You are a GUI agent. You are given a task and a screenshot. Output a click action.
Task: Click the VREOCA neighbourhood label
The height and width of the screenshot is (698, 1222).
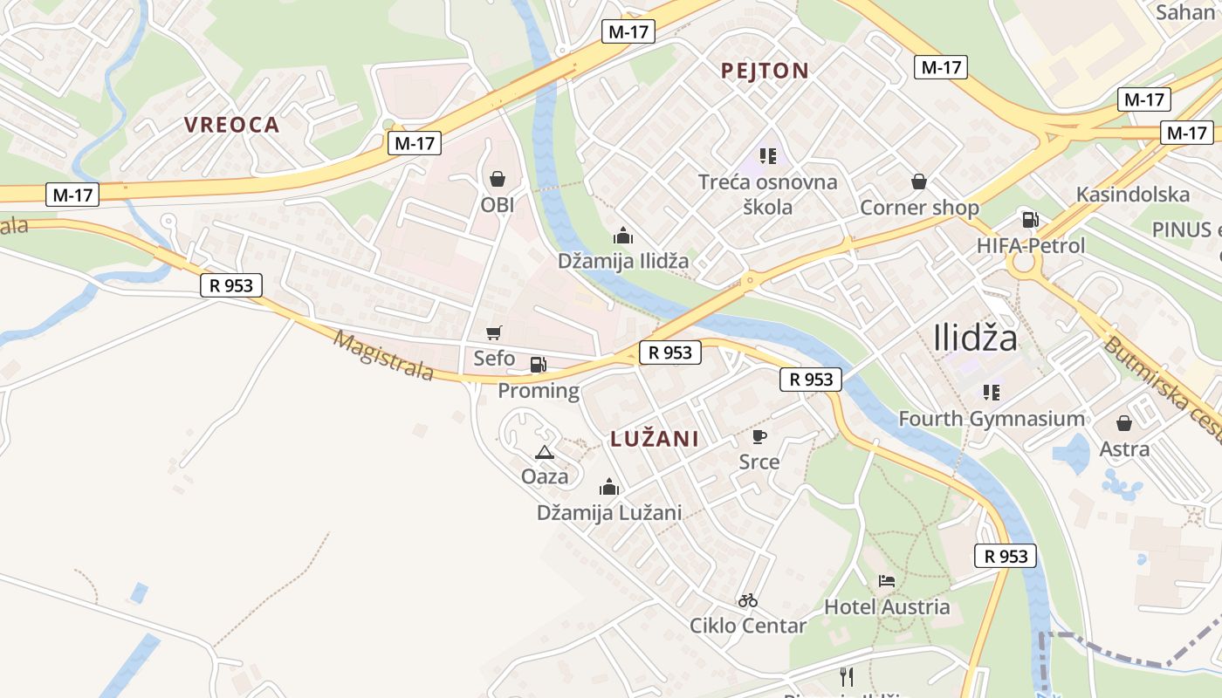tap(231, 125)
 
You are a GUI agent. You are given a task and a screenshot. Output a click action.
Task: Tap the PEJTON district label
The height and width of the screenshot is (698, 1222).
tap(765, 71)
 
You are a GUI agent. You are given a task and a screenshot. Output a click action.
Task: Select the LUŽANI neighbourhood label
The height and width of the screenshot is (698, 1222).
tap(655, 439)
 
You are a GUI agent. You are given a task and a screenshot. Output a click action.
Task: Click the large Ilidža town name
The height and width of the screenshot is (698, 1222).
tap(975, 338)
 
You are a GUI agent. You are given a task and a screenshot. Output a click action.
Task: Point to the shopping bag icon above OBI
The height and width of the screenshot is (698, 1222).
tap(498, 179)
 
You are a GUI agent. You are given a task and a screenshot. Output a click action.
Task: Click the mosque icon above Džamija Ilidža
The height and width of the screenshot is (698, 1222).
tap(623, 236)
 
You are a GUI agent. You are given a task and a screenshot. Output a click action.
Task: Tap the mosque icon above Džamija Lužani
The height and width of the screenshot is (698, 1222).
tap(609, 487)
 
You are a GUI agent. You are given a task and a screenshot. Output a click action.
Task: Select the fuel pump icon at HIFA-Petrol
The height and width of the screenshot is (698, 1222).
tap(1030, 220)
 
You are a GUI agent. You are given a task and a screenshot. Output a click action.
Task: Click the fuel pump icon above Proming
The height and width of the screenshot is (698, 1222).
tap(539, 365)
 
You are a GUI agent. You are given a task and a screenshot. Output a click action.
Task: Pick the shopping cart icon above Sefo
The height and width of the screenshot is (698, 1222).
tap(494, 332)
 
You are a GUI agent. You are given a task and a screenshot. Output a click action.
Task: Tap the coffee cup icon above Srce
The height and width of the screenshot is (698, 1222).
tap(759, 436)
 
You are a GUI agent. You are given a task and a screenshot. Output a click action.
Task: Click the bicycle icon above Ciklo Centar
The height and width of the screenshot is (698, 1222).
tap(748, 600)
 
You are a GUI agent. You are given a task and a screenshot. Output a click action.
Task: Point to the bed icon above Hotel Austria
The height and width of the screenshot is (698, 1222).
tap(887, 581)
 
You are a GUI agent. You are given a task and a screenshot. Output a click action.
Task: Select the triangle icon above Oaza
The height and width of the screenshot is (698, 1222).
tap(545, 452)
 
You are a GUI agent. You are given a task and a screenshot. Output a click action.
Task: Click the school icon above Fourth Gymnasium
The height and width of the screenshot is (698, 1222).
tap(991, 393)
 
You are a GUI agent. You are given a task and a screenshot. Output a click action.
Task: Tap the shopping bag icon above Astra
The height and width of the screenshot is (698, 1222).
tap(1124, 423)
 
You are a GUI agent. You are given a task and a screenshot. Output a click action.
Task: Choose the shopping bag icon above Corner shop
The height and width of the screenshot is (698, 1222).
tap(919, 181)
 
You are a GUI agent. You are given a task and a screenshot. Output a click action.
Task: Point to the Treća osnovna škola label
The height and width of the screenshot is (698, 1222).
tap(768, 194)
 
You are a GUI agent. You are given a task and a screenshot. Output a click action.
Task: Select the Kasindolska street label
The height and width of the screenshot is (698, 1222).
tap(1133, 194)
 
